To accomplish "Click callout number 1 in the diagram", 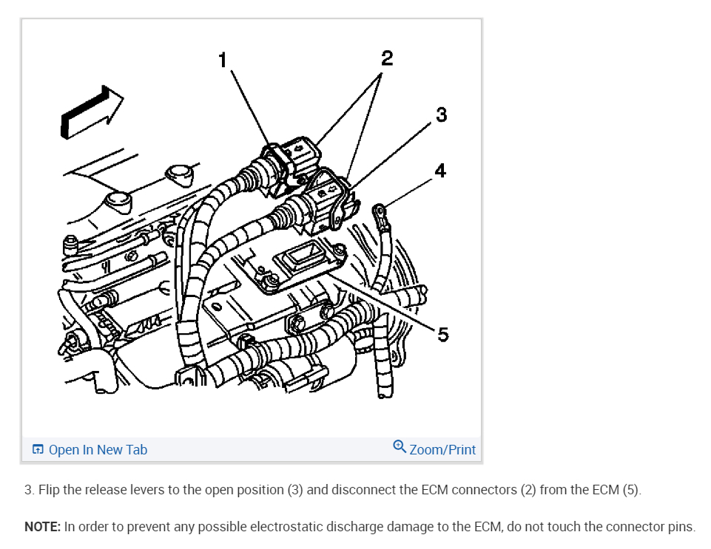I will [223, 60].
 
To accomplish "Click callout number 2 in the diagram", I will [386, 58].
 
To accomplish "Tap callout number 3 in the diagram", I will [441, 115].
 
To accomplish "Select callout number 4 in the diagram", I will [440, 171].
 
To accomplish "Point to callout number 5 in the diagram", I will [442, 335].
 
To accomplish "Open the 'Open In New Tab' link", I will [98, 449].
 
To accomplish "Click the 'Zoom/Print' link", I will [442, 449].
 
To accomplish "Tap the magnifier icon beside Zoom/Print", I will [400, 447].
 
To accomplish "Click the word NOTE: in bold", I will [42, 527].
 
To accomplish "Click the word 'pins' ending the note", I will [683, 527].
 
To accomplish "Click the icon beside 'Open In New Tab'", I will [38, 449].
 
